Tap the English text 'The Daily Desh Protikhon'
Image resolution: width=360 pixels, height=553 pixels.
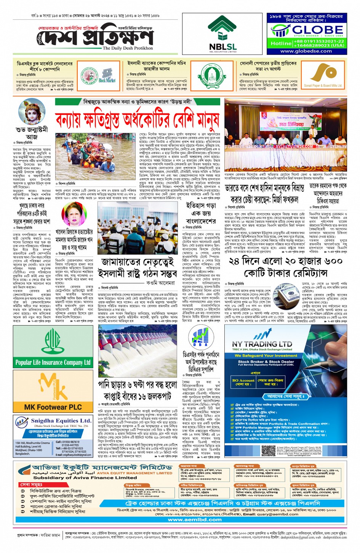(128, 48)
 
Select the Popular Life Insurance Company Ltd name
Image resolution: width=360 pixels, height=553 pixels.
(53, 362)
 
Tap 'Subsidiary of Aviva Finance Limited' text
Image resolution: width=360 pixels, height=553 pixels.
(85, 477)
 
